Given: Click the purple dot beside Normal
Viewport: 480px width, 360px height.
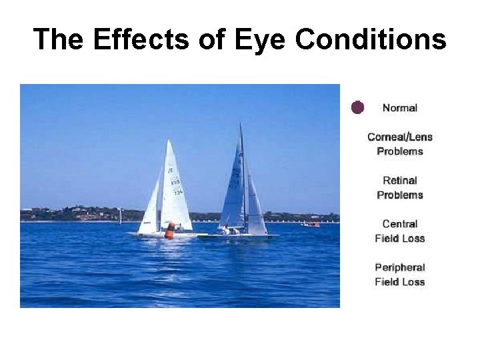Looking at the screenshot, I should (358, 107).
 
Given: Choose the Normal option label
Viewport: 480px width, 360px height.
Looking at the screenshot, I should (400, 108).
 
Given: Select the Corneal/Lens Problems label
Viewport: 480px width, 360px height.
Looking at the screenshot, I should (400, 144).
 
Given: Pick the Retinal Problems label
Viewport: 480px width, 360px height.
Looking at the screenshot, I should (400, 187).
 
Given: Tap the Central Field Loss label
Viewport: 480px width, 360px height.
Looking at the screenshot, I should (400, 231).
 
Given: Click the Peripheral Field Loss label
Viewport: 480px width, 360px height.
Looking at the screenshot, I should (400, 275).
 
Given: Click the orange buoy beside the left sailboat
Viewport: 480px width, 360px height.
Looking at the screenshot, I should (170, 231).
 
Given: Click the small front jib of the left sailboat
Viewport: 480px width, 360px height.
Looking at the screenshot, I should (151, 207).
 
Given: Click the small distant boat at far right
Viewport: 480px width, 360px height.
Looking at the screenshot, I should (310, 224).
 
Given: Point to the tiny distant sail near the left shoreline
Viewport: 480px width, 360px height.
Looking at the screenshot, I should (120, 215).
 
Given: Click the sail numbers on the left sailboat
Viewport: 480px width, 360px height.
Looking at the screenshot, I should (176, 185).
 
